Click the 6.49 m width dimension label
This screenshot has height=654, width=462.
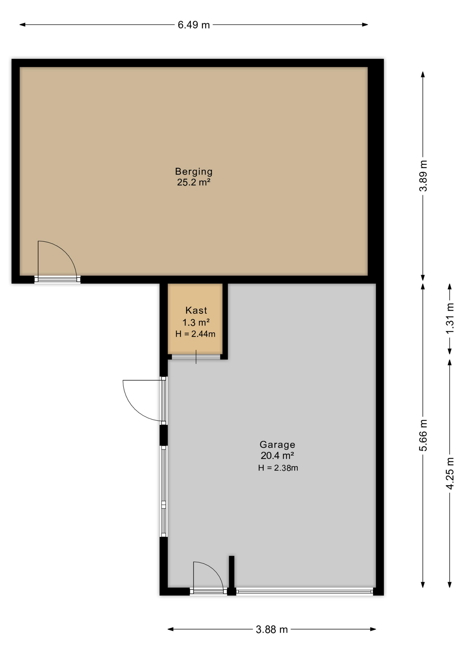pos(194,25)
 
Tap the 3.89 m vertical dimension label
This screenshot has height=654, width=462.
pos(423,176)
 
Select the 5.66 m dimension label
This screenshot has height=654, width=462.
pos(423,435)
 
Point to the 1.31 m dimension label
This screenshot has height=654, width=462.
pos(450,318)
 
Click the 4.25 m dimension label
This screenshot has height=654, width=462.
pos(450,474)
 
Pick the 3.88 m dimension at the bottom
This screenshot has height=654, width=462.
pos(272,629)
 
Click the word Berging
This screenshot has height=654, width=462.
pos(194,171)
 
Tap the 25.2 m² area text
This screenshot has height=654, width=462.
pos(194,182)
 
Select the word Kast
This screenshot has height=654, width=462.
pos(196,310)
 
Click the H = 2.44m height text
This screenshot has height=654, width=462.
pos(195,334)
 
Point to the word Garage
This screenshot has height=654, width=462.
pos(277,445)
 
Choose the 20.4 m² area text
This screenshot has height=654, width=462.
pos(277,455)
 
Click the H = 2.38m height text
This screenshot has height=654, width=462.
pos(278,468)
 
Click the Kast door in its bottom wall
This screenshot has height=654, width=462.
pos(196,357)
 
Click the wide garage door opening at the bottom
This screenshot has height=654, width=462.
pos(305,591)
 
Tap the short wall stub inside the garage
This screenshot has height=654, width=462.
pos(231,572)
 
